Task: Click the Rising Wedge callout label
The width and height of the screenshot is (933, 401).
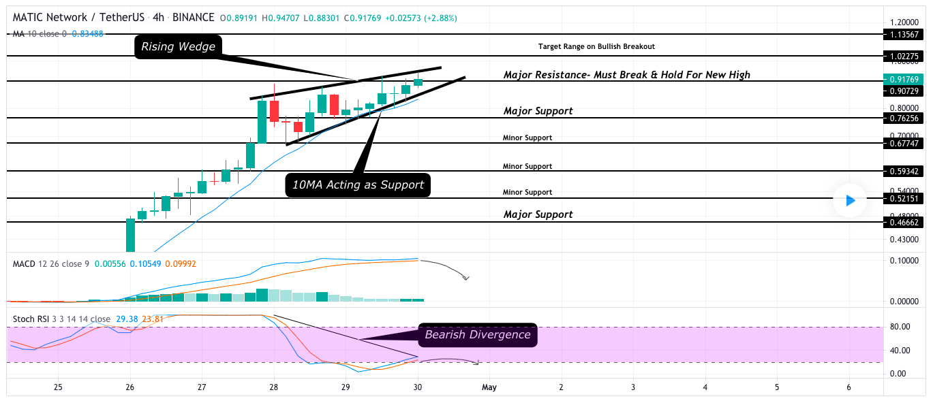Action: (x=177, y=47)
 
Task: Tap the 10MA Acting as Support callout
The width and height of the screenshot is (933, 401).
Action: (x=358, y=185)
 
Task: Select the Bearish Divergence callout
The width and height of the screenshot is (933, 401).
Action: (x=477, y=334)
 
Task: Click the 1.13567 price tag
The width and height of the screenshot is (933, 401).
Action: (x=904, y=34)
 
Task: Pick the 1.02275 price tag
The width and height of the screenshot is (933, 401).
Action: (x=904, y=56)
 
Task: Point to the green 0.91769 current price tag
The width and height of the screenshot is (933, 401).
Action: (x=904, y=80)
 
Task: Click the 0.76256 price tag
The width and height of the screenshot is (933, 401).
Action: (x=904, y=118)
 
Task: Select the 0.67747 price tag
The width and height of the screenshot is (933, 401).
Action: (x=904, y=143)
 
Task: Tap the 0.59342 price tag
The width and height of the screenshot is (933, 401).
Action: (x=904, y=171)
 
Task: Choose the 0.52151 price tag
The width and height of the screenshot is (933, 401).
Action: (x=904, y=198)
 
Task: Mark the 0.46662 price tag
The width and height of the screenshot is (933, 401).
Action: (x=904, y=222)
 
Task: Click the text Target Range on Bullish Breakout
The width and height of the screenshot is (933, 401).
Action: (x=596, y=46)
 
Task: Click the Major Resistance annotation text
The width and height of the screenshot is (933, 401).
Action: (x=626, y=75)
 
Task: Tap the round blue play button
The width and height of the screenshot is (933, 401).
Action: (x=849, y=200)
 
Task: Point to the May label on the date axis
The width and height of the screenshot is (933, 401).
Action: (x=489, y=387)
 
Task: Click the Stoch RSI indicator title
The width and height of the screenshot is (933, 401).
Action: (x=33, y=319)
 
